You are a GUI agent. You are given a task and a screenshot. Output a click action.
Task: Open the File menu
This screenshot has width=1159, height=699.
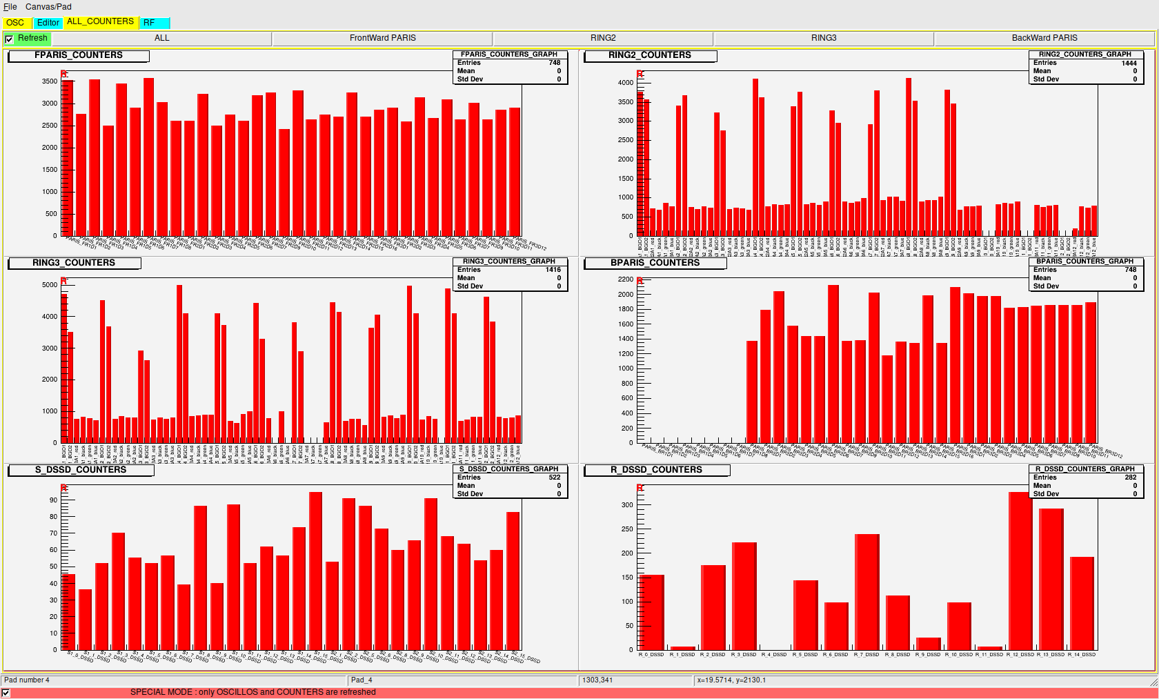(x=10, y=7)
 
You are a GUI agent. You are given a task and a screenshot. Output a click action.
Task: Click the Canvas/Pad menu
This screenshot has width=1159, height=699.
(x=48, y=7)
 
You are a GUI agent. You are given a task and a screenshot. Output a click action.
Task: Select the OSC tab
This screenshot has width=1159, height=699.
(x=15, y=23)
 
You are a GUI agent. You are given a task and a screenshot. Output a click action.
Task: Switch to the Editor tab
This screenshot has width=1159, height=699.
(x=48, y=23)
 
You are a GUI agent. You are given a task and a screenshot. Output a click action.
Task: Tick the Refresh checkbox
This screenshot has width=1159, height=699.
(x=9, y=39)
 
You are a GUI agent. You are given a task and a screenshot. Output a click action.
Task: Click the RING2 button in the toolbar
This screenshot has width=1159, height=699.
(x=603, y=38)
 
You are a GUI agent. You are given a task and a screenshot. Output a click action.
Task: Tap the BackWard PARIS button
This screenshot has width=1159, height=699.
(x=1044, y=38)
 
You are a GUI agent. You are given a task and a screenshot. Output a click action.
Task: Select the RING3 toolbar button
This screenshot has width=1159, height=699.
(x=823, y=38)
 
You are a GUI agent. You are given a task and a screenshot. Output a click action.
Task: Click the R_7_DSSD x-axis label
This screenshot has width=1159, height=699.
(x=866, y=655)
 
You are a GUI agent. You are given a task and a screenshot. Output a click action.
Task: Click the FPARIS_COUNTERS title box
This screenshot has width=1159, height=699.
(x=79, y=55)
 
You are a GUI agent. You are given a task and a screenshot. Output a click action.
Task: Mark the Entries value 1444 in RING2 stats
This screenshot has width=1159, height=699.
(x=1129, y=63)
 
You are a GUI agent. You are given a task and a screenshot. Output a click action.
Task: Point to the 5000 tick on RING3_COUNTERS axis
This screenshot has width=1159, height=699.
(x=50, y=285)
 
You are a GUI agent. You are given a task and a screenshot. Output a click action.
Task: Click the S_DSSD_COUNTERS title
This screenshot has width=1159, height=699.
(x=81, y=470)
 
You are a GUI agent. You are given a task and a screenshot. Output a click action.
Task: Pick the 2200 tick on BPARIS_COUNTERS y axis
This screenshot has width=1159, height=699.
(x=625, y=279)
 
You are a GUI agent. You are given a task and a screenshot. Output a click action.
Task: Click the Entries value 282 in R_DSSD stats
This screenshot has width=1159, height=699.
(x=1130, y=478)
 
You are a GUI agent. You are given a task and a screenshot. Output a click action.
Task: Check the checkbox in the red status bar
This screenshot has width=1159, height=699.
(x=6, y=693)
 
